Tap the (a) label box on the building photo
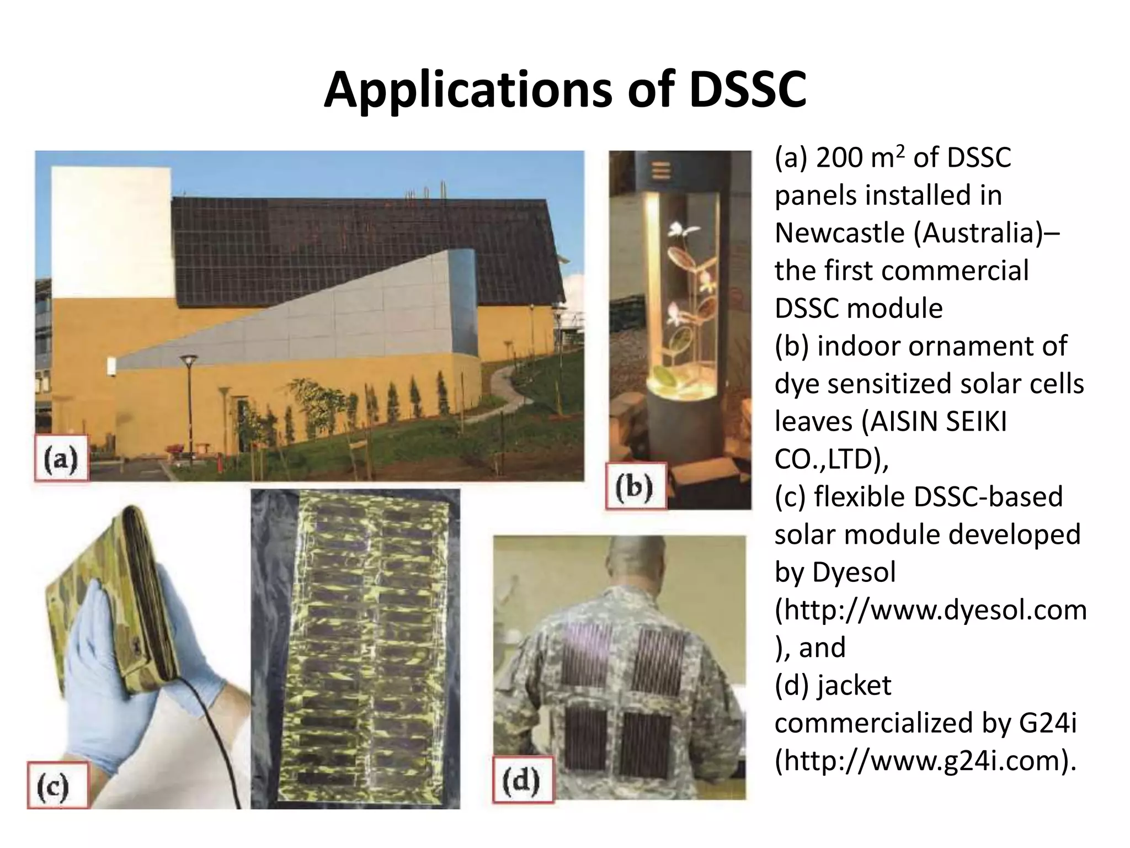pyautogui.click(x=61, y=458)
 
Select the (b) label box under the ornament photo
pyautogui.click(x=636, y=486)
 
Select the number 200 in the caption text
pyautogui.click(x=838, y=158)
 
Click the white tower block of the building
pyautogui.click(x=110, y=232)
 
